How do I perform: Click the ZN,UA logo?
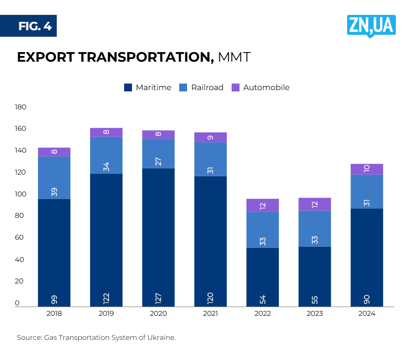coord(371,26)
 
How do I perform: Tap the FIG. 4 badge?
coord(35,26)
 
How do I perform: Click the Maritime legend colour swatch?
coord(128,87)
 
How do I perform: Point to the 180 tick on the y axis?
coord(21,107)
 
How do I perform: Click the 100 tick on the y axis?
coord(21,194)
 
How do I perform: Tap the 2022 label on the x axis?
coord(263,314)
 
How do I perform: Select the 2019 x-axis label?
coord(106,314)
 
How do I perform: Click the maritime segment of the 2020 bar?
coord(158,236)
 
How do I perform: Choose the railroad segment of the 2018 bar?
coord(54,178)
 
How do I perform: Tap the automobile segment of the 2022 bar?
coord(263,206)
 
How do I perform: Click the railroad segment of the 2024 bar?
coord(367,192)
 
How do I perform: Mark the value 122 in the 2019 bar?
coord(106,298)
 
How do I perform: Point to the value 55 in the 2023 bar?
coord(315,300)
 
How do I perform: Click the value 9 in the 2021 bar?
coord(210,138)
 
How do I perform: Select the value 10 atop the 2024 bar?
coord(367,169)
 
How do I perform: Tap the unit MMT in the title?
coord(234,57)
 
